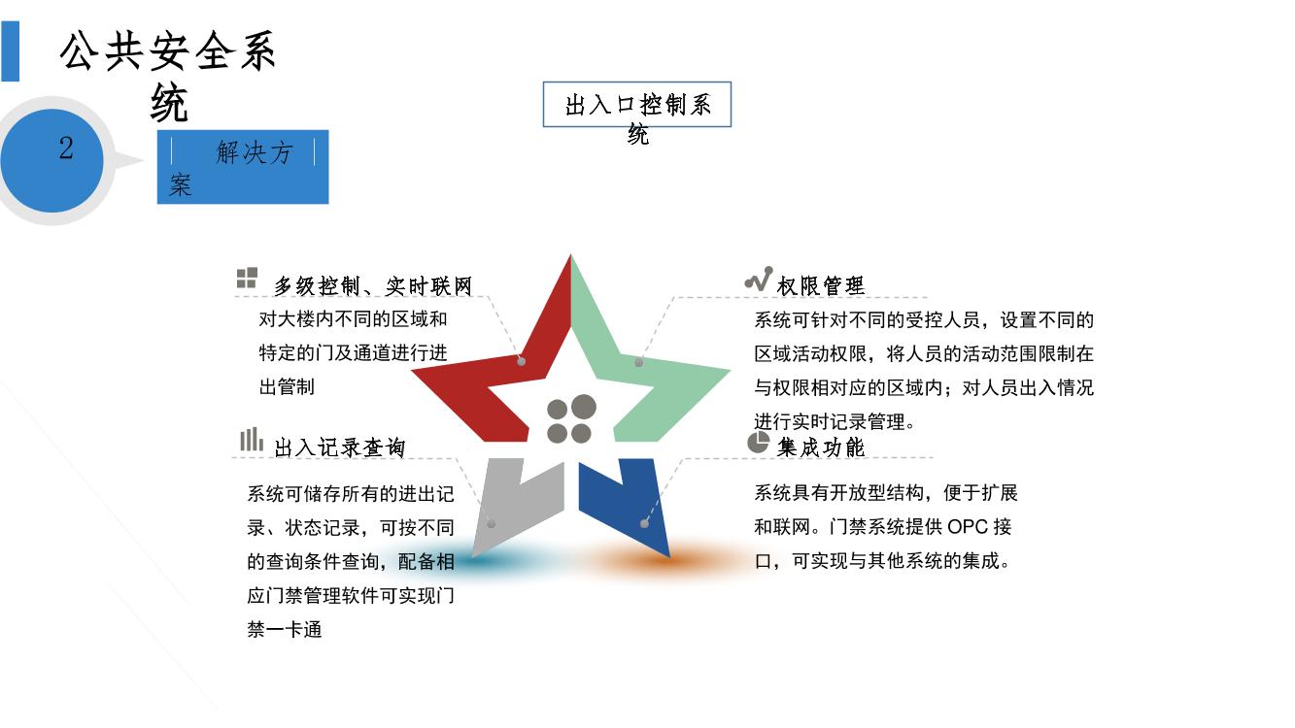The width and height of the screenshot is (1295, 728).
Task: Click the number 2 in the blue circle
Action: [x=66, y=148]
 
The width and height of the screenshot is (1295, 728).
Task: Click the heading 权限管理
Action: [x=820, y=286]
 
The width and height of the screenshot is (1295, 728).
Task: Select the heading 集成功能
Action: [x=820, y=447]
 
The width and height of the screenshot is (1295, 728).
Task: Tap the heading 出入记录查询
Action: [x=339, y=447]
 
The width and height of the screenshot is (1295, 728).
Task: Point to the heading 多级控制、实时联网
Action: [x=373, y=286]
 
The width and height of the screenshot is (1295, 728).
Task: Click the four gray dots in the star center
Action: [x=571, y=419]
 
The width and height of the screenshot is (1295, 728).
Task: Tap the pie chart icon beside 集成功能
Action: [x=758, y=442]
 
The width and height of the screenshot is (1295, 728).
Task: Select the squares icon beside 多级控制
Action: [x=247, y=278]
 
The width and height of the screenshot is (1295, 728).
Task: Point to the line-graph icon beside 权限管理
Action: [x=759, y=279]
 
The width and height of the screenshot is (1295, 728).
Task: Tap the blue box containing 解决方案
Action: [x=243, y=167]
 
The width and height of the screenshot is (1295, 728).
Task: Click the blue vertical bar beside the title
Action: [x=10, y=51]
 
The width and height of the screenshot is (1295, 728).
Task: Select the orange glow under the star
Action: [x=665, y=559]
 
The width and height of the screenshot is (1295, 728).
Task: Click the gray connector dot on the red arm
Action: [x=522, y=362]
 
